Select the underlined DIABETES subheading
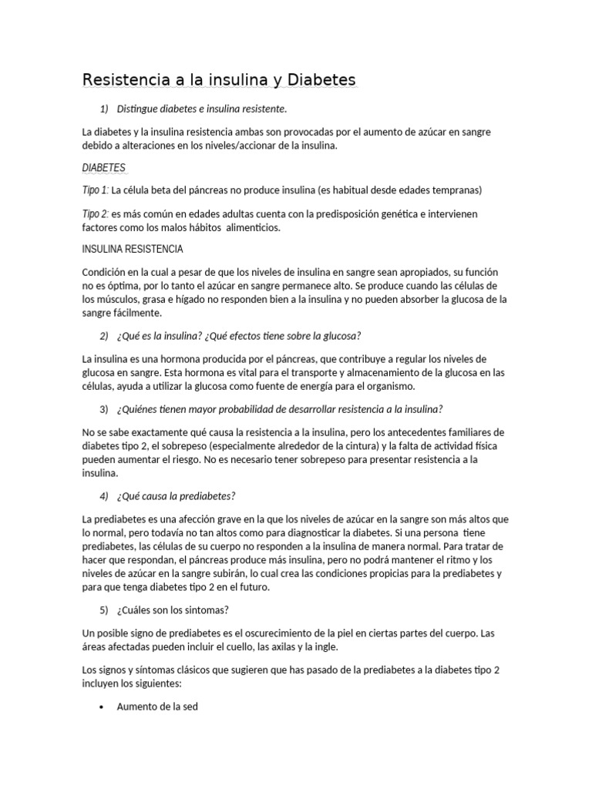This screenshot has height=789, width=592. point(103,167)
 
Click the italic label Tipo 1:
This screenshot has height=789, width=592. point(96,190)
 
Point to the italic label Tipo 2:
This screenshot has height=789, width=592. point(96,213)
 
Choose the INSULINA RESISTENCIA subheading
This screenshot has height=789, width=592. point(133,249)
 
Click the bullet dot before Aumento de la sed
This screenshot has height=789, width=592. point(102,706)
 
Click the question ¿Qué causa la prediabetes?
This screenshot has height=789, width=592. point(177,495)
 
